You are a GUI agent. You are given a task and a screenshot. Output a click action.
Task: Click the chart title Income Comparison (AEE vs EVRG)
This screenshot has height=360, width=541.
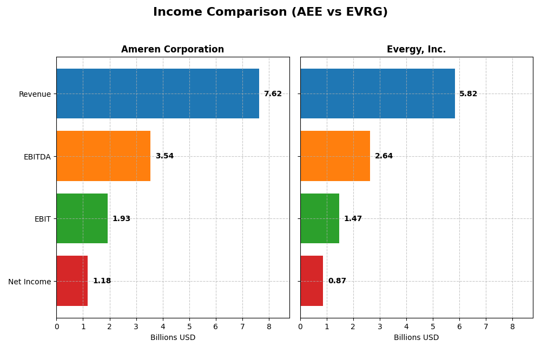[270, 12]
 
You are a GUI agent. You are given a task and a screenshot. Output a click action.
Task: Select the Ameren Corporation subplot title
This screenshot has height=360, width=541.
[172, 49]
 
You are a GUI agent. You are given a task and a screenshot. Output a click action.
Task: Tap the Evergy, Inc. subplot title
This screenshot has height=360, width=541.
[416, 49]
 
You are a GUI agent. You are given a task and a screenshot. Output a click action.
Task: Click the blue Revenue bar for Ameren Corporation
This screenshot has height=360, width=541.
[157, 94]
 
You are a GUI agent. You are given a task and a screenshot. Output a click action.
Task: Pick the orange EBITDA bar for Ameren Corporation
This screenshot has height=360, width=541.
[103, 156]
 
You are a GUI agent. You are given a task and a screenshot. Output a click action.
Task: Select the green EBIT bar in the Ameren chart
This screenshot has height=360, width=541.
[82, 218]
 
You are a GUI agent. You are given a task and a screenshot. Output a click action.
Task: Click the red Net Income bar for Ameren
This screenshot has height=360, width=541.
[72, 281]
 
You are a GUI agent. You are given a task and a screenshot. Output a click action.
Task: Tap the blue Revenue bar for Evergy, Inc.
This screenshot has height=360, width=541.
[378, 94]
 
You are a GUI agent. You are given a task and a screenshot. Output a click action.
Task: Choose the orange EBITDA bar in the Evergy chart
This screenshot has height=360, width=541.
[335, 156]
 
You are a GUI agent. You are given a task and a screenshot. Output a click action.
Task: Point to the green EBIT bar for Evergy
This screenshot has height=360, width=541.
[320, 218]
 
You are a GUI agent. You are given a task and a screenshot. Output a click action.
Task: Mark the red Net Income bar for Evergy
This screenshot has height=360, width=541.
[312, 281]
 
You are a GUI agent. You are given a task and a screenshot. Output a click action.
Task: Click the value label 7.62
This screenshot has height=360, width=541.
[273, 94]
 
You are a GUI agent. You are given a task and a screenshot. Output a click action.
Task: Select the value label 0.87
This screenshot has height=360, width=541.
[337, 281]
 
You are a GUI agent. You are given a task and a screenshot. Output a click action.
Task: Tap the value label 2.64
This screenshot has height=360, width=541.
[384, 156]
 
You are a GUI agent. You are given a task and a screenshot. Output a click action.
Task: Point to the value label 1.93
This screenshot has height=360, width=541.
[121, 219]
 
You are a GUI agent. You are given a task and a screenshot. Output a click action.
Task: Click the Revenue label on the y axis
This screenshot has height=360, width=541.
[35, 94]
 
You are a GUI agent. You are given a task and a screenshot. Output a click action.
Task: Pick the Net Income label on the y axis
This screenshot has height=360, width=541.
[29, 282]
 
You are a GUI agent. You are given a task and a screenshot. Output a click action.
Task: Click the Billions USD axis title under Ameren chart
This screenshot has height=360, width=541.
[173, 338]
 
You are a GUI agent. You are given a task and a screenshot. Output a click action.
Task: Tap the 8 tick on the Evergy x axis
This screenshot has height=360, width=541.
[512, 326]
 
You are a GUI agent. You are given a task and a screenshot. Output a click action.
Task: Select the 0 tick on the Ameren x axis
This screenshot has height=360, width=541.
[57, 326]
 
